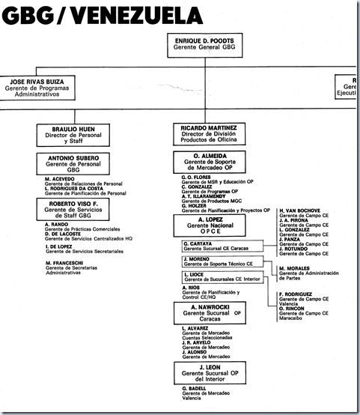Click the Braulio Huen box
pos(76,136)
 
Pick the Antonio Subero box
pos(76,164)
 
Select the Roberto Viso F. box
pos(76,209)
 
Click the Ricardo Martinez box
pos(205,136)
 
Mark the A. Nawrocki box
pos(205,313)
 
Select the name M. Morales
pos(296,269)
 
